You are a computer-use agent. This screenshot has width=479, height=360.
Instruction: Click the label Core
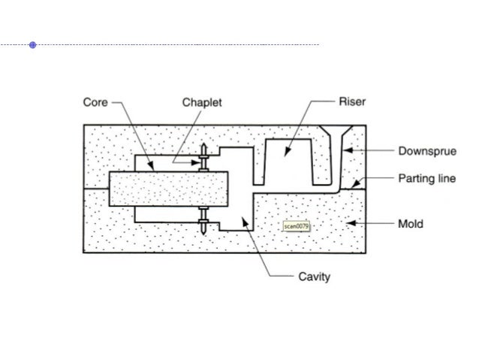95,102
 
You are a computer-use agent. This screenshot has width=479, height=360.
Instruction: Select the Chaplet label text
202,102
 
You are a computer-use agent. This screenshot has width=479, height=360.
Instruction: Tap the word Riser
352,102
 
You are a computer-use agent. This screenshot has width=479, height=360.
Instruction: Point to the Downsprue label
427,151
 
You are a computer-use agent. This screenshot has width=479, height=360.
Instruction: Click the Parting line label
427,179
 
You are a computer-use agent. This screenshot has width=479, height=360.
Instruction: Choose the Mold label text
411,223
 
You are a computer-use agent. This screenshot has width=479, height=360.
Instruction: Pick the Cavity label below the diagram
315,277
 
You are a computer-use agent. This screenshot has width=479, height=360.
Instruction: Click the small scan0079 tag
297,225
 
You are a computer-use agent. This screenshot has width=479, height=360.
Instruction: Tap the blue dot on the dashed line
33,45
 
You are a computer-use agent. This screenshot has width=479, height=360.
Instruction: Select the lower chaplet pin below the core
203,218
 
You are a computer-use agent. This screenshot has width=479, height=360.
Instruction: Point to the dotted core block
165,188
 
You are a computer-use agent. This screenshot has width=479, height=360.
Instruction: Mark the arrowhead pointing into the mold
346,223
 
